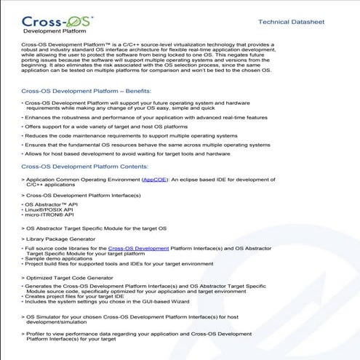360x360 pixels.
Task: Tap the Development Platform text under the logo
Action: click(53, 32)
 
